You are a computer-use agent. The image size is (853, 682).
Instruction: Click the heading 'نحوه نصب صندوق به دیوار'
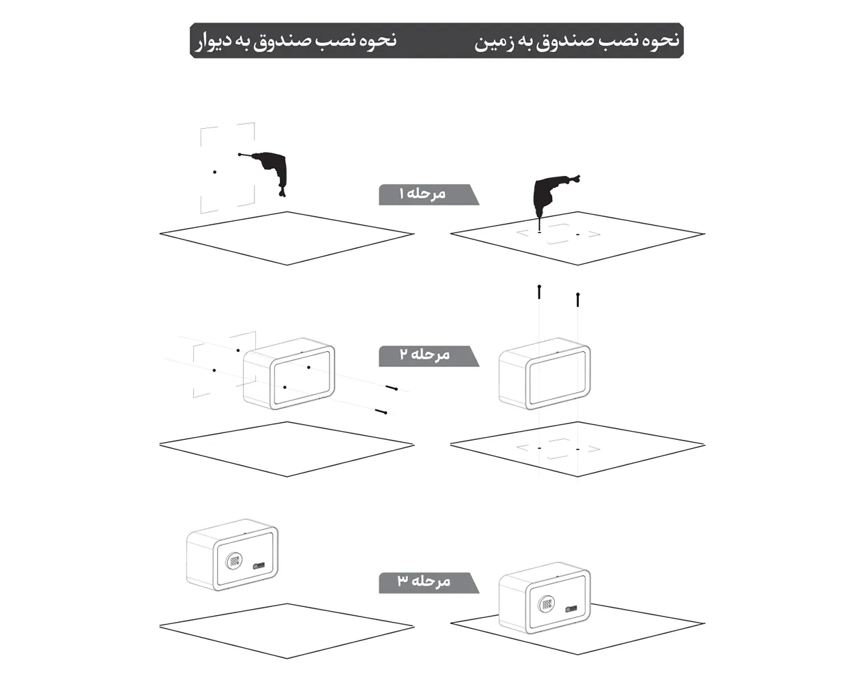pos(293,41)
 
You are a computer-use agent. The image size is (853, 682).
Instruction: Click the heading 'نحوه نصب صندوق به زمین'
pos(577,41)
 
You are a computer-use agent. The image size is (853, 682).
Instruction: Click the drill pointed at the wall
pos(272,170)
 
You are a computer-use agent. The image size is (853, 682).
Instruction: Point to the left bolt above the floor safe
pos(539,291)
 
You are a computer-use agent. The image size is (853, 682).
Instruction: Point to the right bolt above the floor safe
pos(578,299)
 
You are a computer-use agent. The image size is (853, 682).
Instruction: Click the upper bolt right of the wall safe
pos(392,388)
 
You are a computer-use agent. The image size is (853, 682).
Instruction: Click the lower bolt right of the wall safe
pos(381,411)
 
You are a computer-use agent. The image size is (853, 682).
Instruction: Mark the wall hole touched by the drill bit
pos(240,154)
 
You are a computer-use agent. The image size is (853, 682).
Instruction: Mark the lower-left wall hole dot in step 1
pos(214,172)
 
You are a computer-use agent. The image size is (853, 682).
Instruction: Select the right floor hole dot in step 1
pos(577,235)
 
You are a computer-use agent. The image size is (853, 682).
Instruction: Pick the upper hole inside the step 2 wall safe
pos(308,368)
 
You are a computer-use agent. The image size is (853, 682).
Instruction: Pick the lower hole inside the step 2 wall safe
pos(284,387)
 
